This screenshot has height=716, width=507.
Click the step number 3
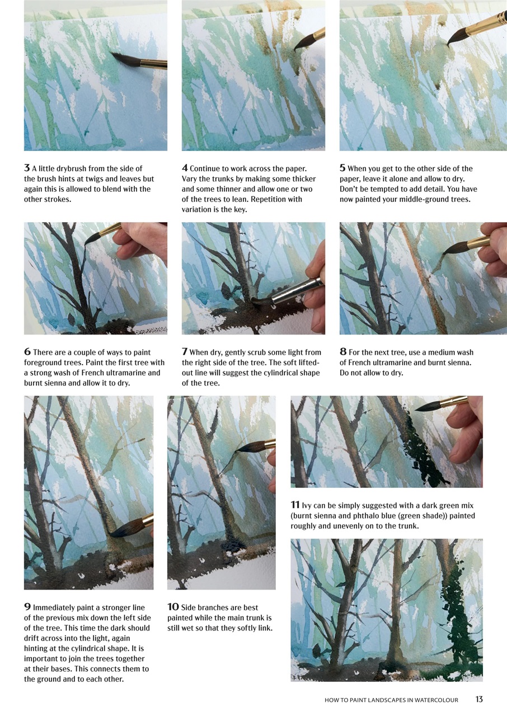[27, 168]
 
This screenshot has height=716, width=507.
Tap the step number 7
[185, 352]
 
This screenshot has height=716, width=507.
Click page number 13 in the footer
[479, 699]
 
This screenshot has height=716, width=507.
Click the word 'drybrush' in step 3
[71, 168]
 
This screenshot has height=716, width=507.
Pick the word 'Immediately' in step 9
[54, 607]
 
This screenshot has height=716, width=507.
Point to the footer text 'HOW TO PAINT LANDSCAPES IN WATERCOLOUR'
[391, 700]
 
